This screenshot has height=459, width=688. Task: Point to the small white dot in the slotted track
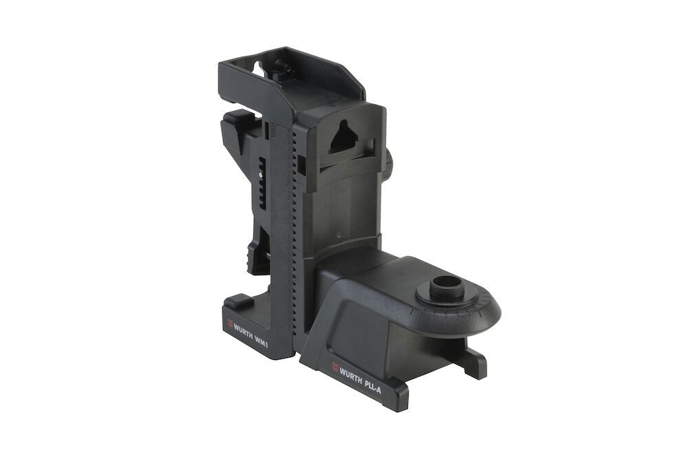point(261,175)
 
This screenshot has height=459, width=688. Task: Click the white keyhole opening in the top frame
point(257,70)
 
